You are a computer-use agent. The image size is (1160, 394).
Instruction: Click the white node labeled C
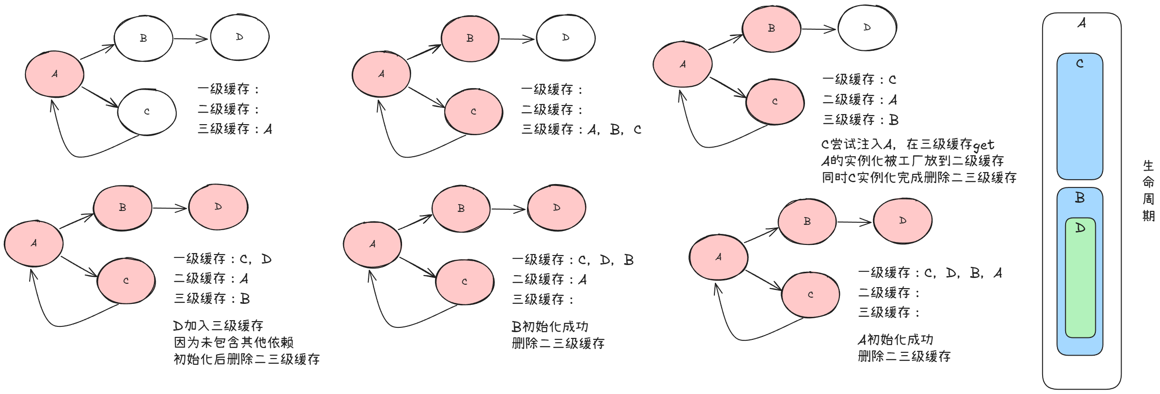147,112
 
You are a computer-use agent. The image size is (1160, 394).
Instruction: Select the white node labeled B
143,38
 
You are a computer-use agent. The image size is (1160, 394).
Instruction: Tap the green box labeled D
1080,278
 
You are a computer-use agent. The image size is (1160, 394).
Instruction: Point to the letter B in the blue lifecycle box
1080,197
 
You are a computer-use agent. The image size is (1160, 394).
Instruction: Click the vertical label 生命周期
1148,190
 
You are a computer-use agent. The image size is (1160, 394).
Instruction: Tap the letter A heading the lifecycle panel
1081,23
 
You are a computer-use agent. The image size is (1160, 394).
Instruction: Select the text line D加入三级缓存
218,326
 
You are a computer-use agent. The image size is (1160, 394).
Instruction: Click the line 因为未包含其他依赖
233,342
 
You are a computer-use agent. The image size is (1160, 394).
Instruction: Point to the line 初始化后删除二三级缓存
246,359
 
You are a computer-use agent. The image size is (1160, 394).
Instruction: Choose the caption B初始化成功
550,327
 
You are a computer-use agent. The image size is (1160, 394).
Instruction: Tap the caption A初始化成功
896,340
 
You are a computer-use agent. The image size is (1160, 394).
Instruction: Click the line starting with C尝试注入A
907,144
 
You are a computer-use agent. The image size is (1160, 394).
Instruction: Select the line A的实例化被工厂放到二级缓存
912,161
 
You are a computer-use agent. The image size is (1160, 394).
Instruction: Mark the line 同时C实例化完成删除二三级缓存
919,177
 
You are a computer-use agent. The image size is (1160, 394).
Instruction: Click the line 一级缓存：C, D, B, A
930,273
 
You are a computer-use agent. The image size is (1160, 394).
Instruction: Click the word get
983,145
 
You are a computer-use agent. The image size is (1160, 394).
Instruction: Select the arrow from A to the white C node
100,97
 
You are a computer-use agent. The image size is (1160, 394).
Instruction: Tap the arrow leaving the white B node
190,38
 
